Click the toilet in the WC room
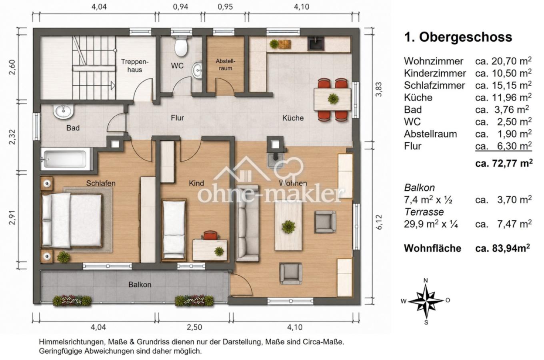click(181, 46)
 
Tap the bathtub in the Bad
click(64, 159)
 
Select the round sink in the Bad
click(64, 112)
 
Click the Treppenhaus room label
click(135, 66)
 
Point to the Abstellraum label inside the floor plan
click(225, 64)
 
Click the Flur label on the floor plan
click(177, 118)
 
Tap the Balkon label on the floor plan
click(140, 284)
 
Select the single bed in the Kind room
click(174, 230)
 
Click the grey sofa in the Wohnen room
click(247, 223)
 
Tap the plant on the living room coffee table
click(288, 227)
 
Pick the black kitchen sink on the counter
click(316, 44)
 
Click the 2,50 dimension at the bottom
click(194, 327)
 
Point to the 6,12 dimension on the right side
click(379, 222)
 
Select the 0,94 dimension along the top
click(180, 6)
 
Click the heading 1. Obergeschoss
click(458, 37)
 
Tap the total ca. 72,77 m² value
click(504, 163)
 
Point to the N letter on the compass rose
click(426, 281)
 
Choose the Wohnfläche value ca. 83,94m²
click(503, 248)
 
